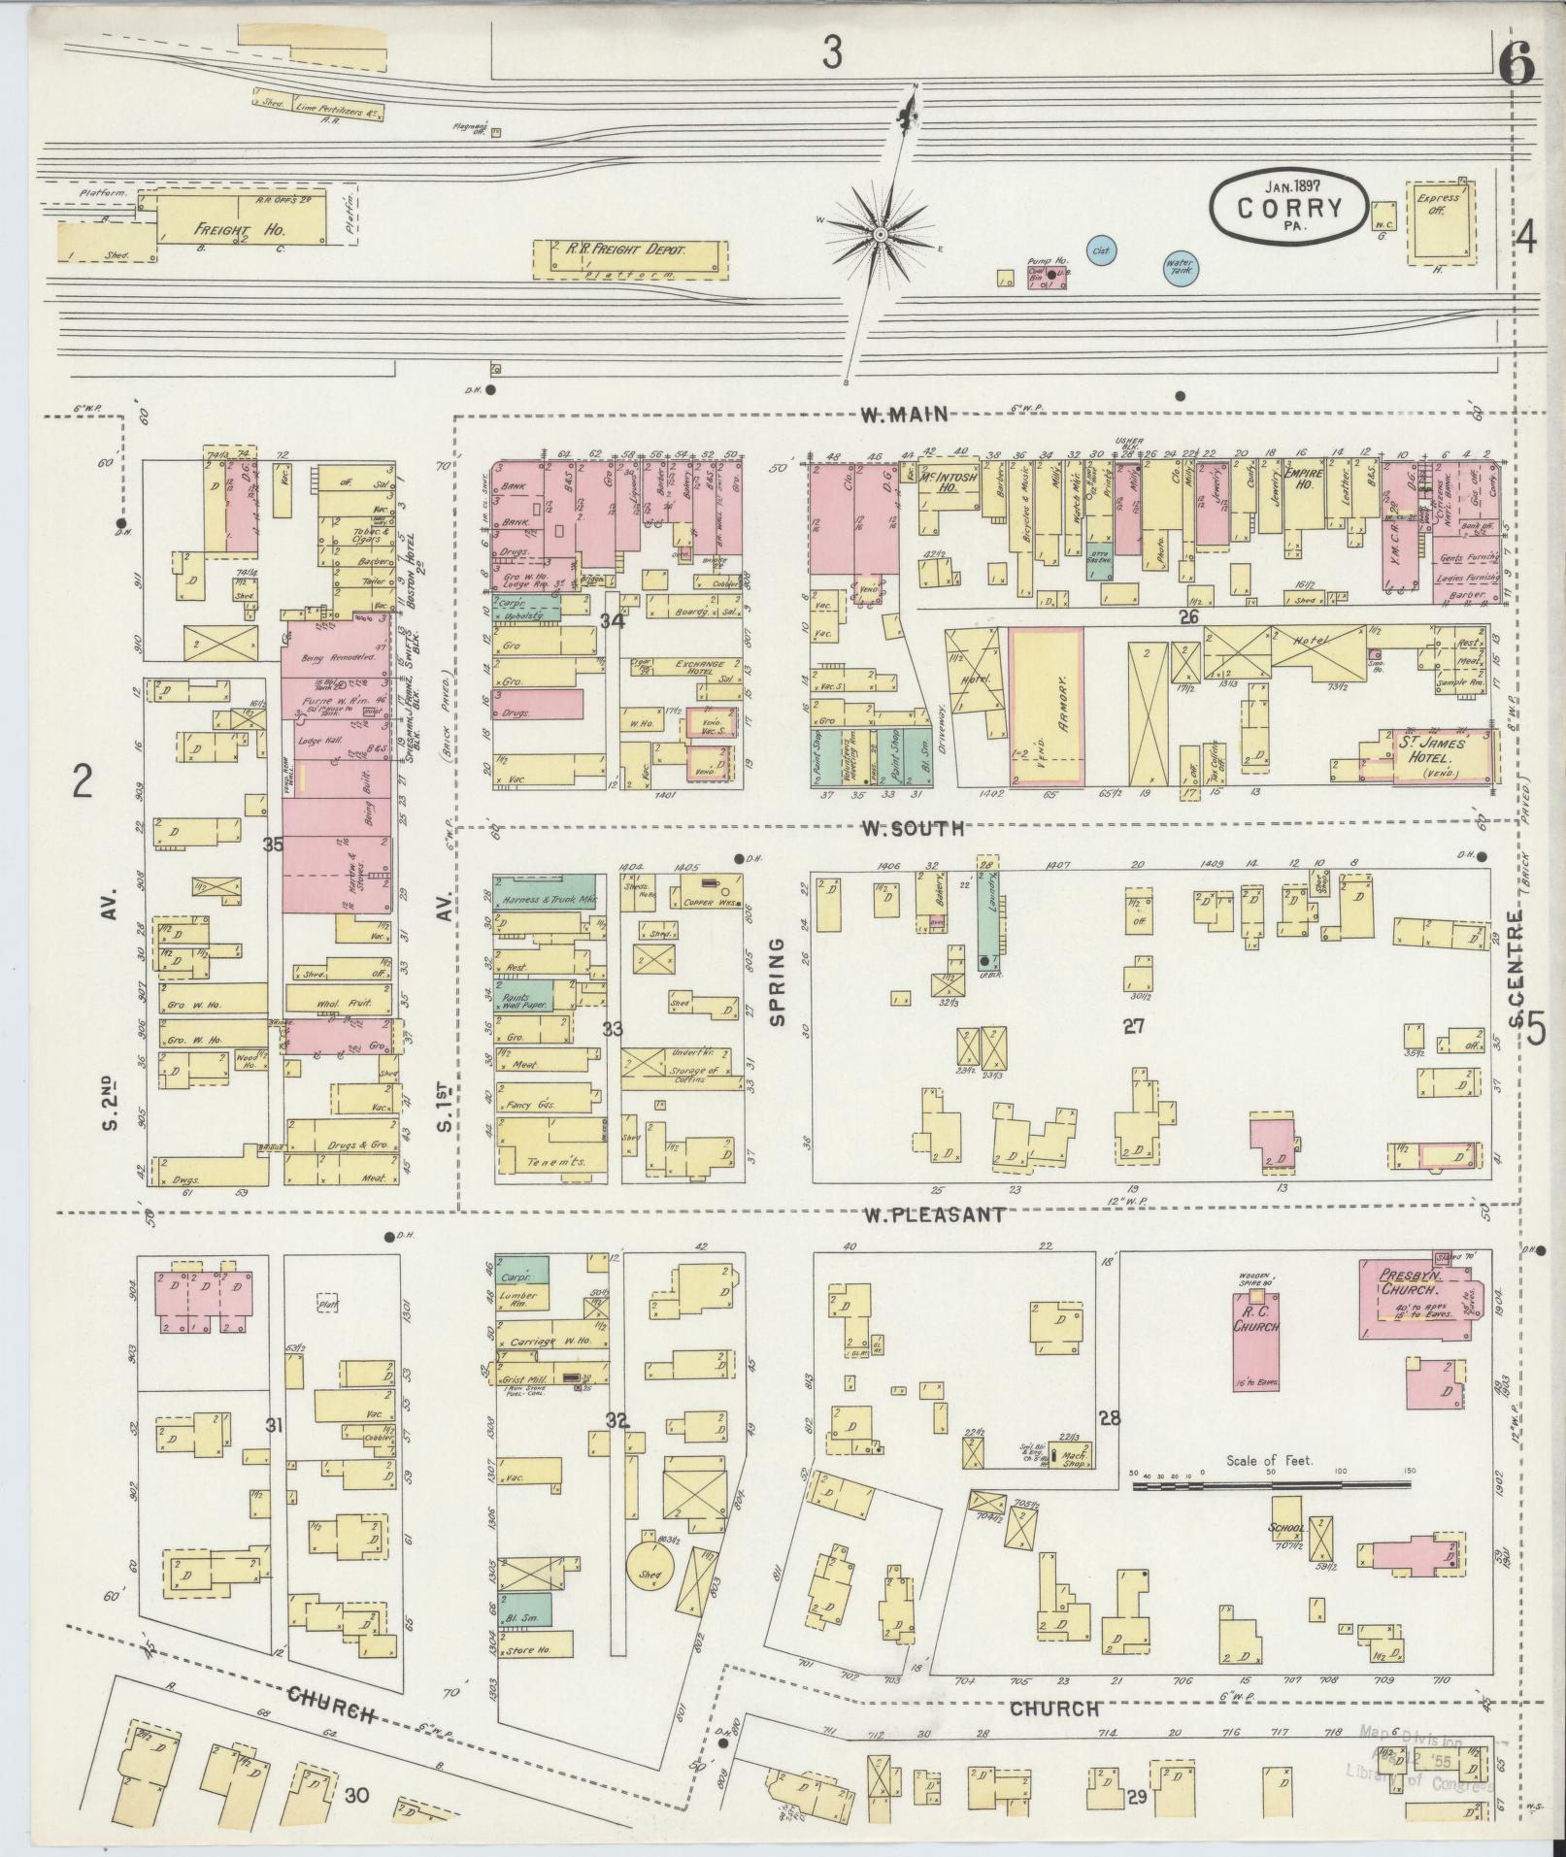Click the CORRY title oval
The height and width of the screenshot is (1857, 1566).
pyautogui.click(x=1288, y=206)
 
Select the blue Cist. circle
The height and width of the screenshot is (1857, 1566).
pyautogui.click(x=1101, y=250)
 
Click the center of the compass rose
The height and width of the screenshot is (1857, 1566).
pyautogui.click(x=881, y=234)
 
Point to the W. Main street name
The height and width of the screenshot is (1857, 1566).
pyautogui.click(x=903, y=415)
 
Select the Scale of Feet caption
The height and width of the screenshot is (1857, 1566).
pyautogui.click(x=1269, y=1459)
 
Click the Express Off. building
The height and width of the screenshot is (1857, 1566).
pyautogui.click(x=1437, y=220)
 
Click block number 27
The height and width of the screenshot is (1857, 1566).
pyautogui.click(x=1134, y=1026)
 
